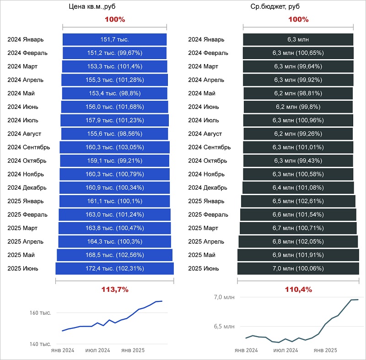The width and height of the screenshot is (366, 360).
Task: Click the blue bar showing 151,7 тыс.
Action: [114, 39]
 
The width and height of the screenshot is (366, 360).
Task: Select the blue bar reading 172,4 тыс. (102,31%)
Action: [114, 268]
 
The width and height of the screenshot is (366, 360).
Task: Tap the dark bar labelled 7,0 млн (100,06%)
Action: [297, 268]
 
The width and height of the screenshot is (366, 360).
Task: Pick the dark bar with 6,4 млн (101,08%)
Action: [297, 188]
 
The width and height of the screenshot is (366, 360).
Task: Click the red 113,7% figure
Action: [114, 289]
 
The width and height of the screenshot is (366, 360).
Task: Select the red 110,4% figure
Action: [298, 289]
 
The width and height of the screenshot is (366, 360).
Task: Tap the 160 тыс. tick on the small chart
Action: [41, 313]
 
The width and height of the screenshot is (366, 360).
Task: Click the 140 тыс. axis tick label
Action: [41, 344]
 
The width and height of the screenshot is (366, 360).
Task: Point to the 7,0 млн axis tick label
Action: [225, 298]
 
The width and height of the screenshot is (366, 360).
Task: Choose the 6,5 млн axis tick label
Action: [225, 327]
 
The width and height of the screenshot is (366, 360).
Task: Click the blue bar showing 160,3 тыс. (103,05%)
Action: [114, 147]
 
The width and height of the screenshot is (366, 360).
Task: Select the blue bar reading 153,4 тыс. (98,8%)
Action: [114, 93]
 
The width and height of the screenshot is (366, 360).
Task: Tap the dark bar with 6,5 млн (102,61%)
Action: [297, 201]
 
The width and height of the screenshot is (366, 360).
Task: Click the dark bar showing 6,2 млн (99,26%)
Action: [297, 134]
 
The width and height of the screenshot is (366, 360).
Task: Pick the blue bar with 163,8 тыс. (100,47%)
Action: [114, 228]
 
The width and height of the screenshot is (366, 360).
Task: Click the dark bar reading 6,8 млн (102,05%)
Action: [297, 241]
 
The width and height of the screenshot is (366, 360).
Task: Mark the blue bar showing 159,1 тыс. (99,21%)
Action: [114, 161]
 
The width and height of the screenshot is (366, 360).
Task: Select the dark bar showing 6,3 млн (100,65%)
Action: [297, 53]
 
